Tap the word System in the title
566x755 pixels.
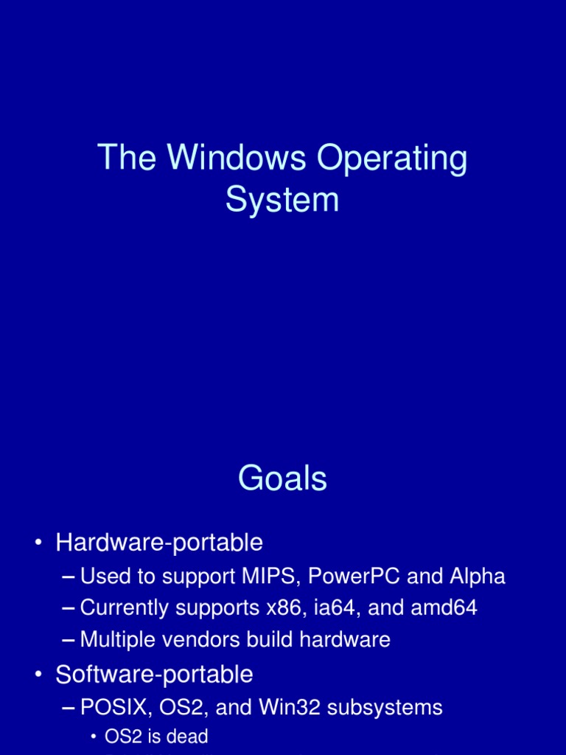[x=282, y=199]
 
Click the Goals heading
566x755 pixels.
[x=282, y=479]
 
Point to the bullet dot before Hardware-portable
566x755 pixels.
[x=37, y=544]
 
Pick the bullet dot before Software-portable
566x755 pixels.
[x=37, y=675]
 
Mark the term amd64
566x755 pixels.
[x=448, y=608]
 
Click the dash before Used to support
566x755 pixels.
[x=69, y=576]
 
